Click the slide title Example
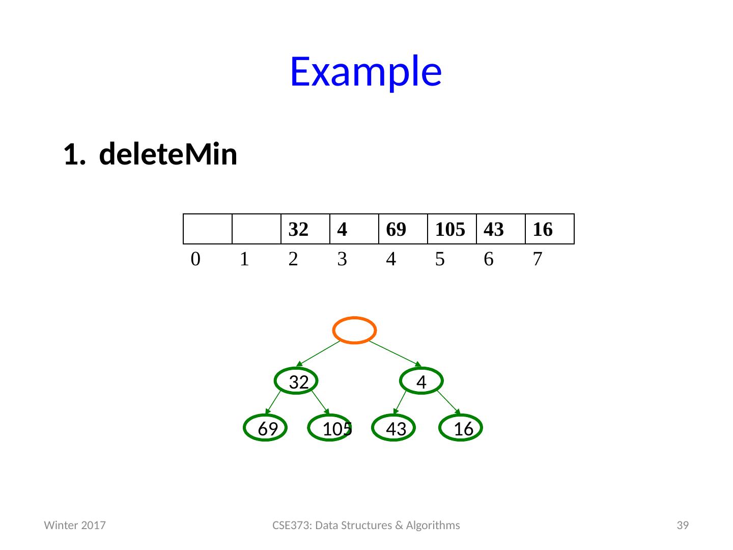point(365,71)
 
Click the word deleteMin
point(168,155)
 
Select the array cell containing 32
point(305,230)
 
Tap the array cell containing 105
point(451,230)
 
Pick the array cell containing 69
point(403,230)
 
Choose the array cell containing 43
point(500,230)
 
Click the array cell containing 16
point(549,230)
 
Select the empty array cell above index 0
point(207,230)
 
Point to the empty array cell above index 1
point(256,230)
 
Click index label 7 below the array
point(537,260)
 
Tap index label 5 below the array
point(440,260)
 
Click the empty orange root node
point(355,330)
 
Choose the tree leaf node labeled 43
point(394,428)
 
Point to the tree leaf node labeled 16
point(462,428)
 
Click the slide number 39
point(682,525)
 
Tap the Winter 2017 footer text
point(75,525)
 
